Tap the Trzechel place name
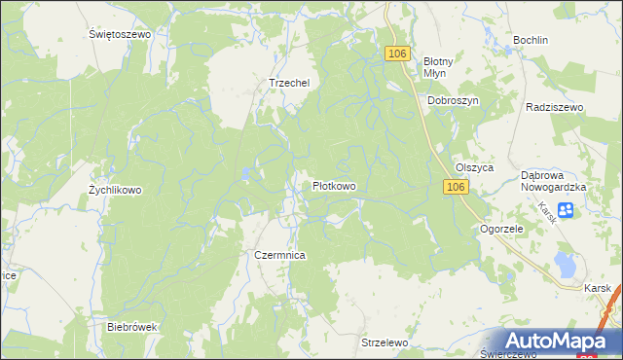pyautogui.click(x=288, y=83)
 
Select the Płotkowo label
pyautogui.click(x=333, y=186)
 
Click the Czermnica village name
pyautogui.click(x=280, y=255)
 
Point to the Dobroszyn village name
pyautogui.click(x=454, y=100)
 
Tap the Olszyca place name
pyautogui.click(x=475, y=167)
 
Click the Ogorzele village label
pyautogui.click(x=502, y=229)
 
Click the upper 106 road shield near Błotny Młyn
pyautogui.click(x=395, y=54)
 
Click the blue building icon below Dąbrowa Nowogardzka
pyautogui.click(x=567, y=209)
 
